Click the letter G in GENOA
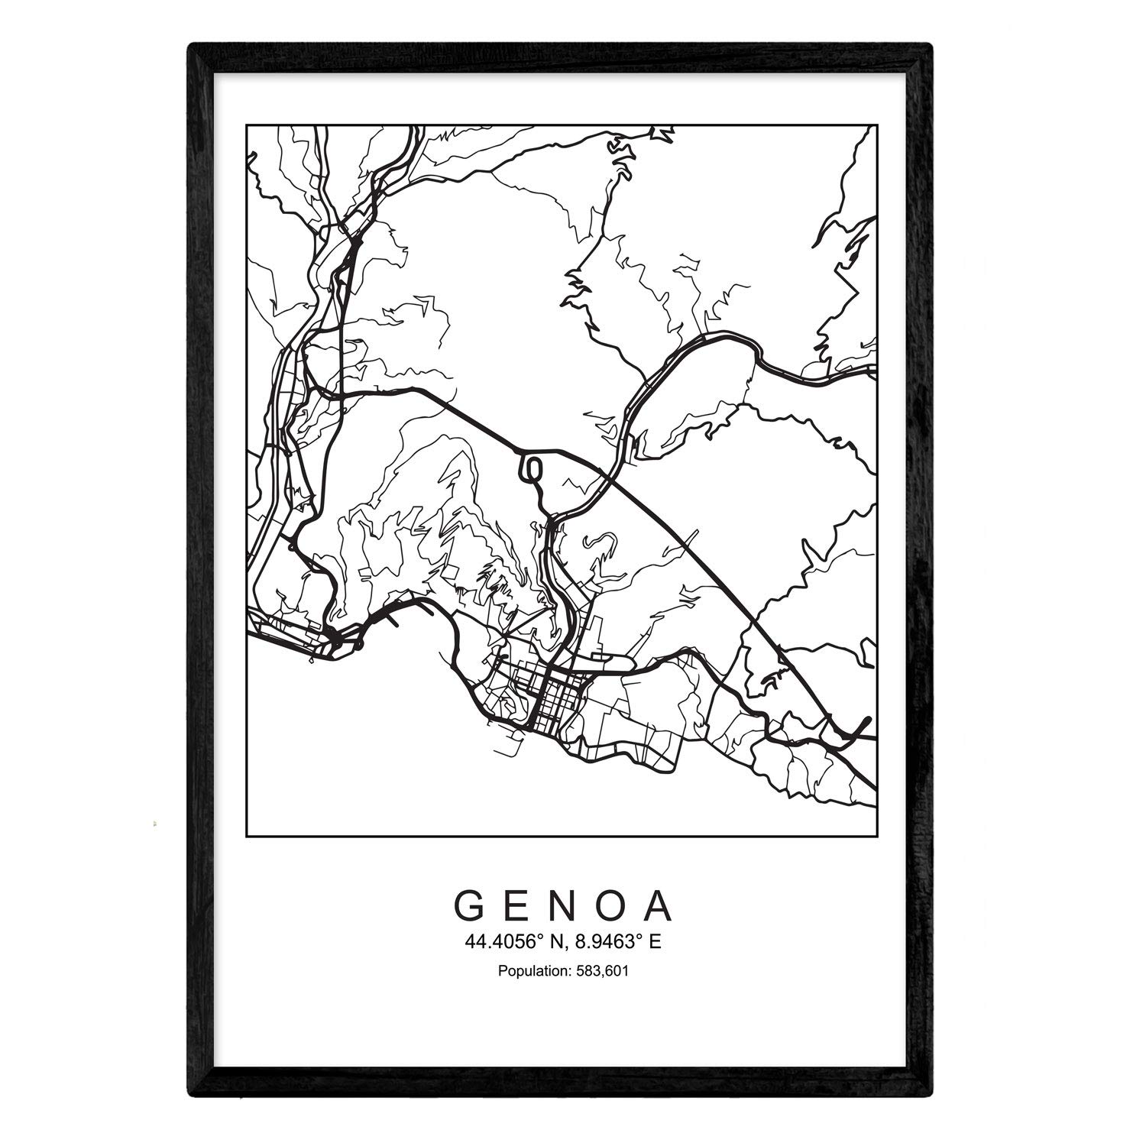(x=468, y=907)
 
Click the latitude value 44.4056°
(x=508, y=942)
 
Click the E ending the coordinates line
(x=655, y=942)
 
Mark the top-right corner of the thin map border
(x=877, y=124)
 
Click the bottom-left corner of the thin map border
(x=246, y=837)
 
